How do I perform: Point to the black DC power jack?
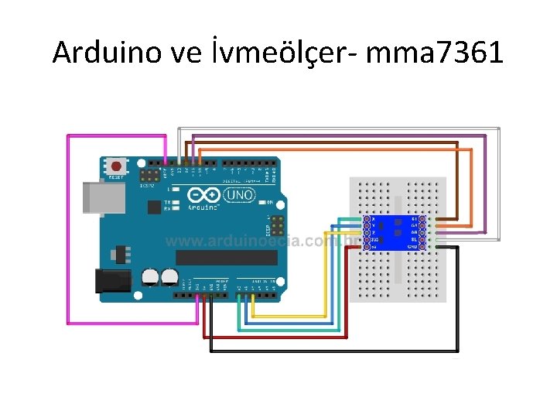pos(108,280)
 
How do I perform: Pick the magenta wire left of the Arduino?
pos(68,232)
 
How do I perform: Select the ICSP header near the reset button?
pos(149,177)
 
